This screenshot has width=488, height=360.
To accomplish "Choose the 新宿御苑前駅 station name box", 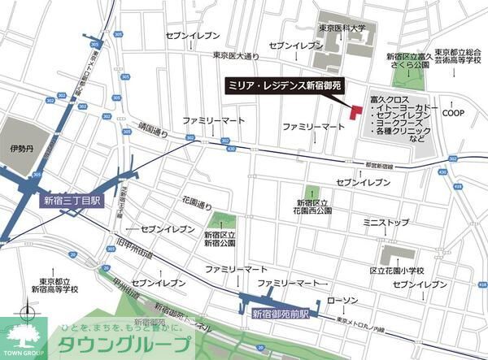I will tap(280, 313).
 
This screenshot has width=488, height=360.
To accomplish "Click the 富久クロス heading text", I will tap(390, 95).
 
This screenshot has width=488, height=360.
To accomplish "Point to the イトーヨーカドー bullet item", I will tap(407, 107).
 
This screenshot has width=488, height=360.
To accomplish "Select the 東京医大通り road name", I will tap(236, 55).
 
